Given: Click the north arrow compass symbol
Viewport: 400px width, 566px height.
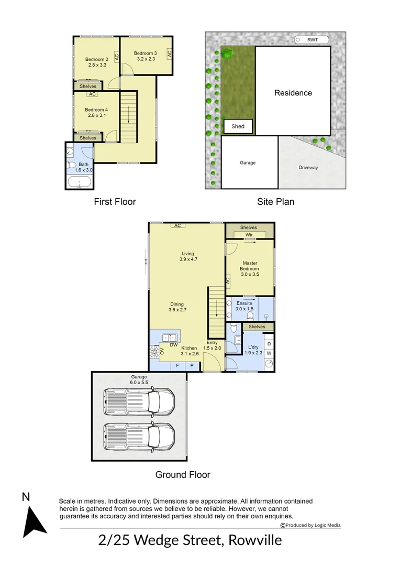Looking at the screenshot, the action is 34,521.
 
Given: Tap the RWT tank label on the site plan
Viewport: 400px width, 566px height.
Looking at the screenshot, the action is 313,40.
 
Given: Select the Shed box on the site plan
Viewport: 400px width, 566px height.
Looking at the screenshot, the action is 238,126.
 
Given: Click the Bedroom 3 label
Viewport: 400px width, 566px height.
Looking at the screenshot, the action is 146,53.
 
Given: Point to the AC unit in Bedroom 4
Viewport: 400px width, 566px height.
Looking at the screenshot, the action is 92,94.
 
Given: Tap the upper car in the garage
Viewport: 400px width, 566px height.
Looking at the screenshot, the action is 139,401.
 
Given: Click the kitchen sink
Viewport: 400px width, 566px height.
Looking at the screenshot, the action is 170,338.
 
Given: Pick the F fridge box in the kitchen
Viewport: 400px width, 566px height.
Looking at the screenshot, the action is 177,366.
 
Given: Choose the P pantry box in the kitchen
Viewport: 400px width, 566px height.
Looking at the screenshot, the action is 192,366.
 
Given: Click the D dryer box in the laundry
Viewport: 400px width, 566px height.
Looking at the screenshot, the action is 269,344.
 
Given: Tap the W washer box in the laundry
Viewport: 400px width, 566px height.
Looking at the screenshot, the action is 269,353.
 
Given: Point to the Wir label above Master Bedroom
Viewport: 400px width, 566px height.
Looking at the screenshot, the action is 249,235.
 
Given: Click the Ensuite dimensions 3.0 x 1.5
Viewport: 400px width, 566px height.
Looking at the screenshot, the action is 245,309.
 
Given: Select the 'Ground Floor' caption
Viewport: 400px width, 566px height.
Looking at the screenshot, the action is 183,475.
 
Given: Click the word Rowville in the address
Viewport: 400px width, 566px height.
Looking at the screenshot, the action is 255,540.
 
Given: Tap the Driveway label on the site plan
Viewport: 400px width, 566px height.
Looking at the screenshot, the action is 308,168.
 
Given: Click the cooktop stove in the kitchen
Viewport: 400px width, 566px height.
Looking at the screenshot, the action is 154,352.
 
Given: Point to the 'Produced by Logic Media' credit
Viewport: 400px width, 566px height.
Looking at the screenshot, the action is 310,525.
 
